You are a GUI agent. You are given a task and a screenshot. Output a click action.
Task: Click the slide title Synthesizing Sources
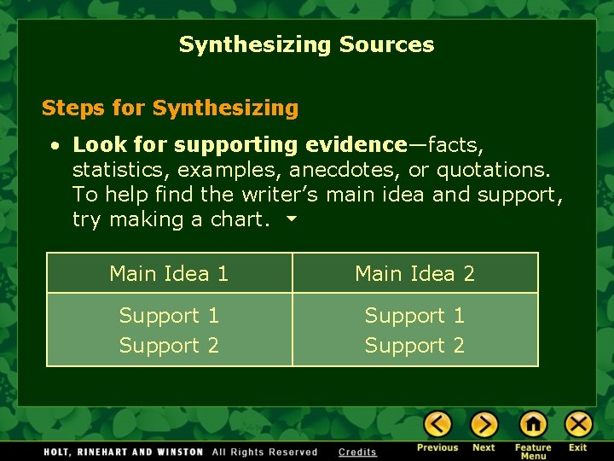point(306,44)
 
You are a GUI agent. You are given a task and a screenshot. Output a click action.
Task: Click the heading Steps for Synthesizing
point(170,108)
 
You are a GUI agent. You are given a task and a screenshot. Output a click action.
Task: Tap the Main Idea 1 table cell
point(169,274)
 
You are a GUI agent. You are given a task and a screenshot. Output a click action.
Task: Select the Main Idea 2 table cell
point(414,274)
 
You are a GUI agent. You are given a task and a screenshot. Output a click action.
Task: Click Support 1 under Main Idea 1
point(169,316)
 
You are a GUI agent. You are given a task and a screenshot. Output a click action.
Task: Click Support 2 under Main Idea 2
point(414,346)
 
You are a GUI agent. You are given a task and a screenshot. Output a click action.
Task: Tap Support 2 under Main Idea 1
point(169,346)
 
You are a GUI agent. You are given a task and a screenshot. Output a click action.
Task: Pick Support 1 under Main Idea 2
point(414,316)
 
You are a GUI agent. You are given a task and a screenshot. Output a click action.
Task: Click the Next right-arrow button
point(484,424)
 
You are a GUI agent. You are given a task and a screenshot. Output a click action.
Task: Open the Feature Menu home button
point(533,424)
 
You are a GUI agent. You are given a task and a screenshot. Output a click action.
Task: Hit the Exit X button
point(578,424)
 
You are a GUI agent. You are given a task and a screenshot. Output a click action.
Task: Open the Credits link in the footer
point(357,452)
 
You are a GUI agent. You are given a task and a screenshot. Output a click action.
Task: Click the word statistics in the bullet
point(120,170)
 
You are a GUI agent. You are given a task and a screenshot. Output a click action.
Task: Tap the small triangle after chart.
point(291,219)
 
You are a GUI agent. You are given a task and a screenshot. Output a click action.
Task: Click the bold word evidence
point(356,145)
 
